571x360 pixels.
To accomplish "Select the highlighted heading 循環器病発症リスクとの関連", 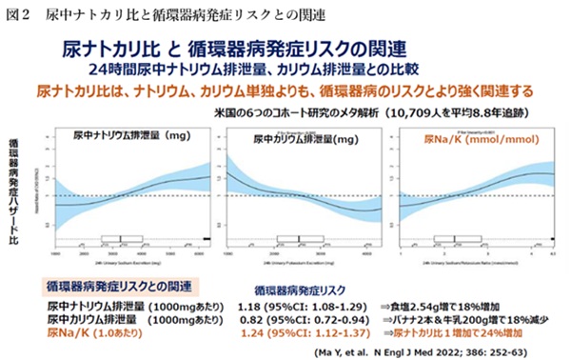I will coord(119,286).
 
